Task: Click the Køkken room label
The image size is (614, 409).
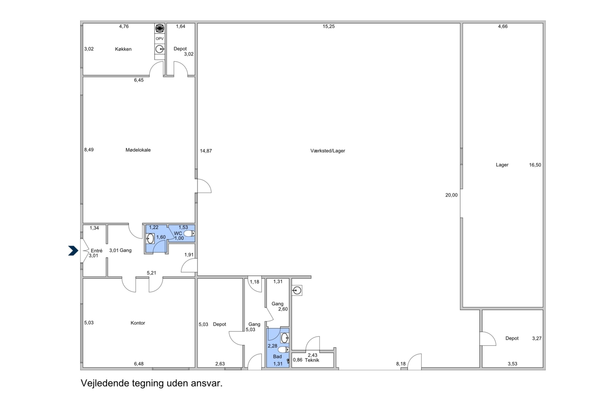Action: coord(123,49)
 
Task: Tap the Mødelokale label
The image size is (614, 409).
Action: coord(138,150)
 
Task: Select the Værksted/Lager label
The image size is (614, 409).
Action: coord(327,151)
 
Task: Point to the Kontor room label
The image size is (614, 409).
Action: coord(138,323)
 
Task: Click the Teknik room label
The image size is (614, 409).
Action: coord(312,360)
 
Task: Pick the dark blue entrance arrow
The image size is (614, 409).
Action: coord(73,251)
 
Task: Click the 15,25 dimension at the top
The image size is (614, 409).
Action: coord(328,27)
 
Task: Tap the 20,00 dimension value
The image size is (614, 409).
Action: coord(451,195)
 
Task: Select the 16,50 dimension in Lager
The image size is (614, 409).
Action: coord(535,165)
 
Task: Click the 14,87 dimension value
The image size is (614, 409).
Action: coord(206,151)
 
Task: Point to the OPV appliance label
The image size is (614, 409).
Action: coord(160,39)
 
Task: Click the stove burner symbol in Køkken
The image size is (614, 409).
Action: coord(160,28)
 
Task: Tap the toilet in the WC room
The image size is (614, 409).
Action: coord(189,234)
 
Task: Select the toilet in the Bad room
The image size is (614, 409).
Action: coord(284,350)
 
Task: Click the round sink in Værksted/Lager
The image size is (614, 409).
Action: coord(297,291)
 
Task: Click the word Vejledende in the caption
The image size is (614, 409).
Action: coord(105,383)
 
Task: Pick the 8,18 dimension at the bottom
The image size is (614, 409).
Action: coord(401,364)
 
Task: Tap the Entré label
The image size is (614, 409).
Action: coord(97,251)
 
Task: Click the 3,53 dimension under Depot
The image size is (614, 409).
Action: coord(512,364)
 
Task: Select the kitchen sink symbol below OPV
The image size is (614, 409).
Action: coord(160,49)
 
